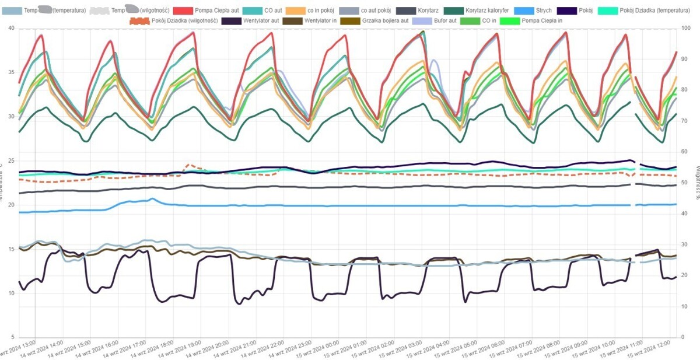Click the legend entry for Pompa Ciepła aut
[214, 11]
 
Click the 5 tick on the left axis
[12, 337]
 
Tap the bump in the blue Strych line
[151, 200]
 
